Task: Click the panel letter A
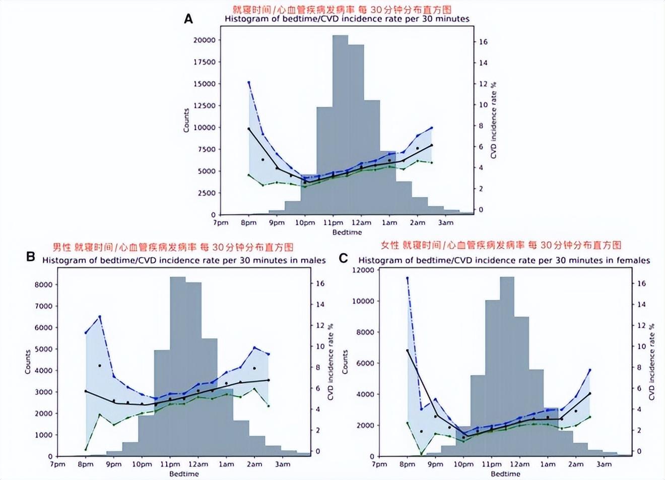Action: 189,19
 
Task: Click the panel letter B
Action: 31,257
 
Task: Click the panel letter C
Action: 344,259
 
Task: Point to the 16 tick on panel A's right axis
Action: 482,42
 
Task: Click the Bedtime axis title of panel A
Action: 347,232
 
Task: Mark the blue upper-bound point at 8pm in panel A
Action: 249,82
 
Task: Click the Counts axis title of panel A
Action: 186,121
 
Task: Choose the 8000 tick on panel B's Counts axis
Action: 45,284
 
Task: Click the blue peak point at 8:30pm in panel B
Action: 100,317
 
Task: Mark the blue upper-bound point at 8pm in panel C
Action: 407,278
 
